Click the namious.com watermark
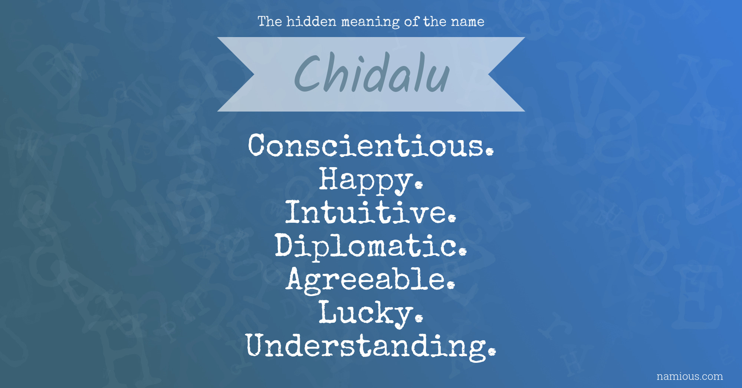click(x=690, y=376)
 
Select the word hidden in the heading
click(x=312, y=21)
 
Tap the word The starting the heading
click(x=270, y=21)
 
